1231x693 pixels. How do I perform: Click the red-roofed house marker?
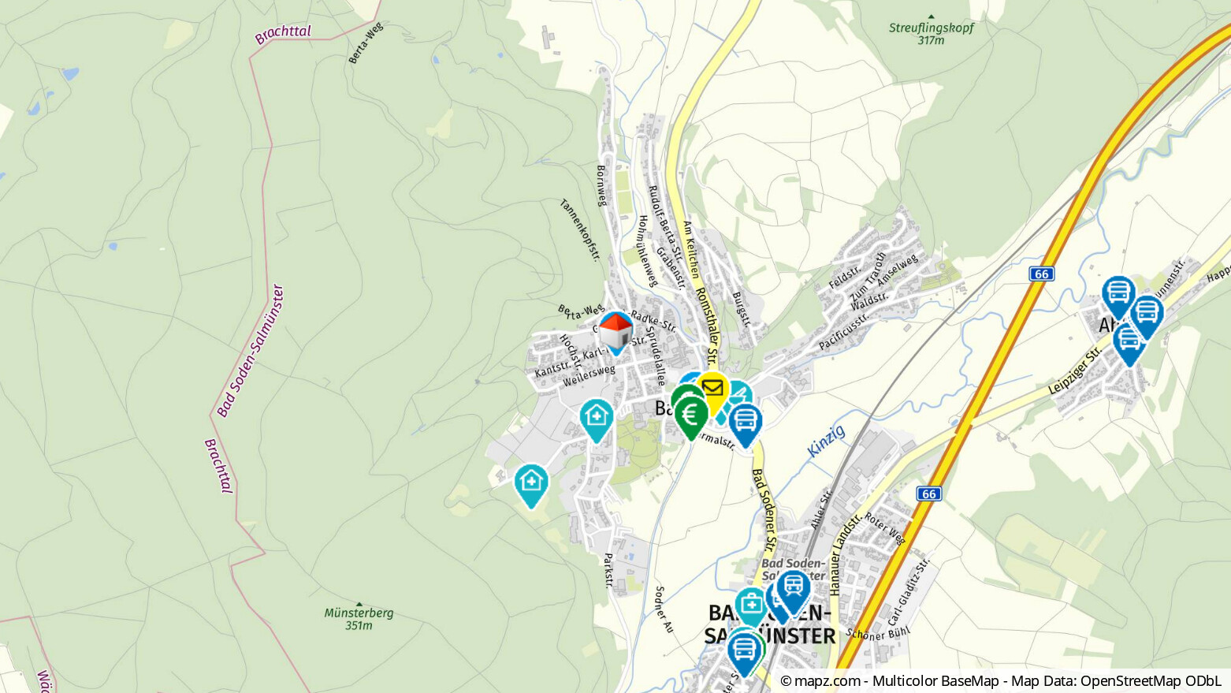[x=615, y=331]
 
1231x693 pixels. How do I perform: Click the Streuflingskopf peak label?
[x=931, y=28]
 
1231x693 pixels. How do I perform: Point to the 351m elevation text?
[x=359, y=626]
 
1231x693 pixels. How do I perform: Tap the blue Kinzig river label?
[x=826, y=441]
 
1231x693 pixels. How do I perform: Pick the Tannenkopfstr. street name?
[x=580, y=229]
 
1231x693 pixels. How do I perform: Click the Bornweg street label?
[x=602, y=186]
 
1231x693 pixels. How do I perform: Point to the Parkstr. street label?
[x=608, y=570]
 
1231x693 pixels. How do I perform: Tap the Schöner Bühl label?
[x=878, y=632]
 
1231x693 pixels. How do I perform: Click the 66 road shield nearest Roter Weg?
[x=929, y=494]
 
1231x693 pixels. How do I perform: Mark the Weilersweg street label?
[x=589, y=376]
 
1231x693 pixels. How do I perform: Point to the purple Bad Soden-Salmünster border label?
[x=251, y=352]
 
